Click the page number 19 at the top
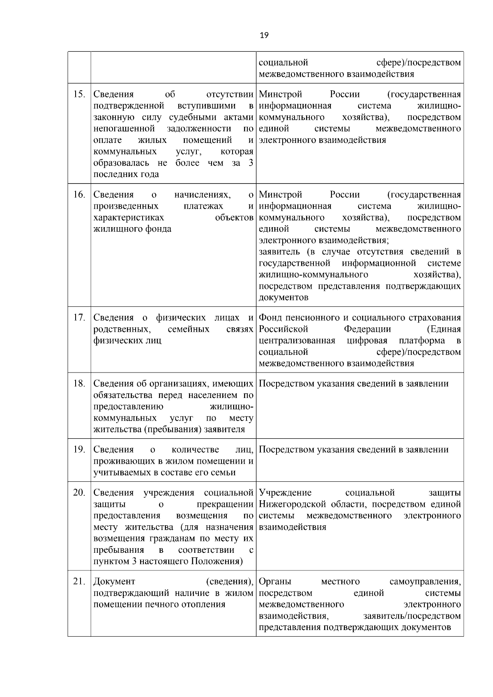click(x=264, y=35)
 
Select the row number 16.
click(x=79, y=195)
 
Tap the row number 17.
click(x=79, y=318)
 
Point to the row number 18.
click(x=79, y=384)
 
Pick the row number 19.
click(x=79, y=450)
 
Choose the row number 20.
click(x=79, y=492)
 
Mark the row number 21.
click(x=79, y=582)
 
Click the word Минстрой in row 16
click(x=280, y=195)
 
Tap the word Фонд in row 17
click(x=270, y=318)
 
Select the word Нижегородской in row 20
click(x=292, y=504)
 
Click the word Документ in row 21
click(x=114, y=582)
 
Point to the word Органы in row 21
click(x=275, y=582)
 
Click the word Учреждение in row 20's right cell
click(x=285, y=492)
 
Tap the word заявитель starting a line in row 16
click(x=279, y=252)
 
